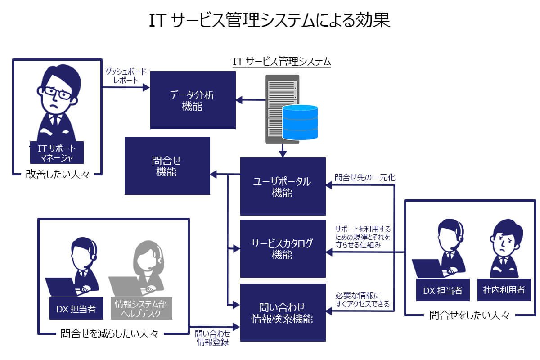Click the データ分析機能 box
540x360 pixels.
193,100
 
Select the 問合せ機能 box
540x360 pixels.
167,166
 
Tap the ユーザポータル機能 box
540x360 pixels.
282,186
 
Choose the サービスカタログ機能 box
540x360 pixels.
282,249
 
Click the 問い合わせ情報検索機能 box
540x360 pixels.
282,313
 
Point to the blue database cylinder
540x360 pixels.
300,122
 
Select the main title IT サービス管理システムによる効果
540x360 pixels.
270,21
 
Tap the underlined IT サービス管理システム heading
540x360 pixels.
282,61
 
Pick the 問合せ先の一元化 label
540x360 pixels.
365,178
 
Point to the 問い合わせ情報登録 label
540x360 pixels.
213,338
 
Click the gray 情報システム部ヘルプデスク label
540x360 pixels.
141,309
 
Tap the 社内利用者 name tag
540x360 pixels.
504,290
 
